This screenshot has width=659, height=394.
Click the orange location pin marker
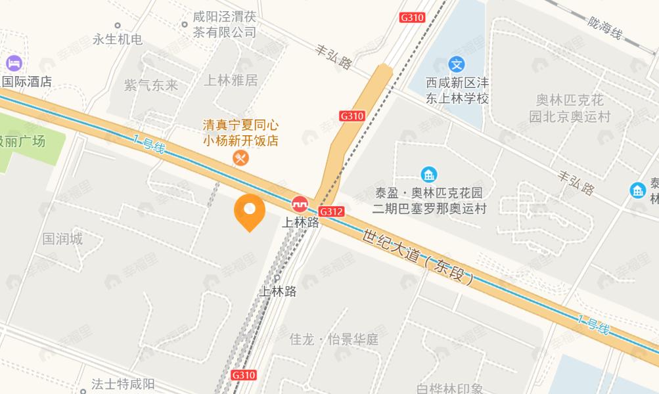pyautogui.click(x=250, y=212)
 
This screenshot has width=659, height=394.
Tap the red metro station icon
pyautogui.click(x=300, y=204)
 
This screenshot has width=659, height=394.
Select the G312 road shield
pyautogui.click(x=331, y=211)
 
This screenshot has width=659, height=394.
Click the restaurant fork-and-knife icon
pyautogui.click(x=241, y=158)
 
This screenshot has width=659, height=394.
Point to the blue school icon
pyautogui.click(x=457, y=64)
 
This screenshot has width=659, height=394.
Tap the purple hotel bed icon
pyautogui.click(x=14, y=63)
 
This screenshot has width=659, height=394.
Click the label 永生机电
pyautogui.click(x=118, y=39)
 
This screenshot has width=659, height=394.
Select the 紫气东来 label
pyautogui.click(x=151, y=85)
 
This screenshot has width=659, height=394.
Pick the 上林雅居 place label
pyautogui.click(x=231, y=80)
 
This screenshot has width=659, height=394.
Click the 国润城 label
pyautogui.click(x=62, y=238)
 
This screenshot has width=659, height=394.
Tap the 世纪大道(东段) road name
pyautogui.click(x=418, y=256)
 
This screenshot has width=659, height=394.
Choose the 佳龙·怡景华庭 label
pyautogui.click(x=334, y=339)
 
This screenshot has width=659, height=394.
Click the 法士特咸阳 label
pyautogui.click(x=123, y=384)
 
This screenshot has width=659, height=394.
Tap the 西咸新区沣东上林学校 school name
pyautogui.click(x=457, y=91)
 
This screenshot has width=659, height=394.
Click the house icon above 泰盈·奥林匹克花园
pyautogui.click(x=428, y=175)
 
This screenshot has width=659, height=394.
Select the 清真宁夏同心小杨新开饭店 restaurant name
pyautogui.click(x=240, y=132)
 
